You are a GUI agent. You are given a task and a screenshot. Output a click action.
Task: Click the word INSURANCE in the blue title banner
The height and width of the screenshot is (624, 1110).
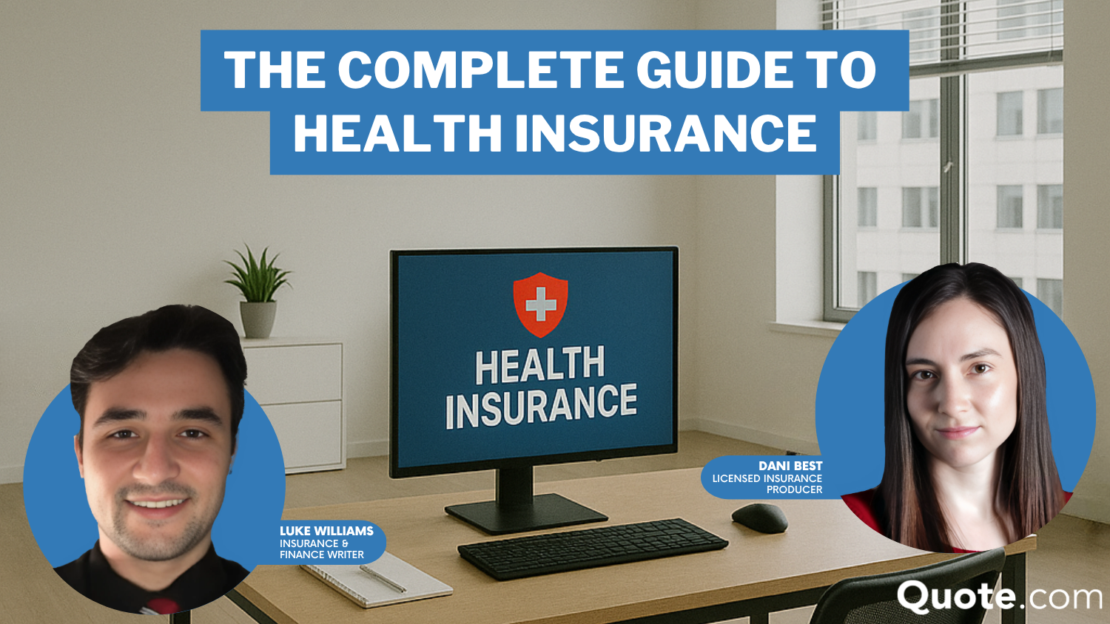(x=666, y=133)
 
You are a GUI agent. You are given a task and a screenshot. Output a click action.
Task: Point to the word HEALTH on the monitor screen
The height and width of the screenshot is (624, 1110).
(x=539, y=365)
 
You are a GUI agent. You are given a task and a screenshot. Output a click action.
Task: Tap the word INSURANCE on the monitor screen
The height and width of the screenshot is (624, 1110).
(x=541, y=407)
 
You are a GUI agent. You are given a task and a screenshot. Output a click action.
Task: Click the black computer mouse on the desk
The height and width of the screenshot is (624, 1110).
(x=759, y=518)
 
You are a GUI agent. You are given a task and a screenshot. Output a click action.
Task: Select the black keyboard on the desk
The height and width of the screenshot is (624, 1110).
(x=593, y=549)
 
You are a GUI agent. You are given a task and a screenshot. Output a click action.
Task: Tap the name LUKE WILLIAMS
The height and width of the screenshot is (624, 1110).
(x=326, y=531)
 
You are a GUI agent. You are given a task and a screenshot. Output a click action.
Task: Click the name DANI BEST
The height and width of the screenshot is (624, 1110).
(x=790, y=466)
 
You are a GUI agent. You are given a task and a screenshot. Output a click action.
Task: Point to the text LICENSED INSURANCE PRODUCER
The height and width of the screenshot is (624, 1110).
(x=767, y=484)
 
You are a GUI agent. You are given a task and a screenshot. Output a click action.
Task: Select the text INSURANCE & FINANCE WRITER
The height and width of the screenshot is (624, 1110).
(x=322, y=549)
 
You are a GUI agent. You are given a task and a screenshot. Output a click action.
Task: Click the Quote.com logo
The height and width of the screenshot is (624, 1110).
(x=999, y=597)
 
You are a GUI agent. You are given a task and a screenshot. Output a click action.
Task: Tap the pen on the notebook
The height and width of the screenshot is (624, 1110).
(x=383, y=579)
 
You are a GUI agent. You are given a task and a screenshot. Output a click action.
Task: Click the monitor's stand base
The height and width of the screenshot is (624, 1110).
(x=526, y=514)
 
